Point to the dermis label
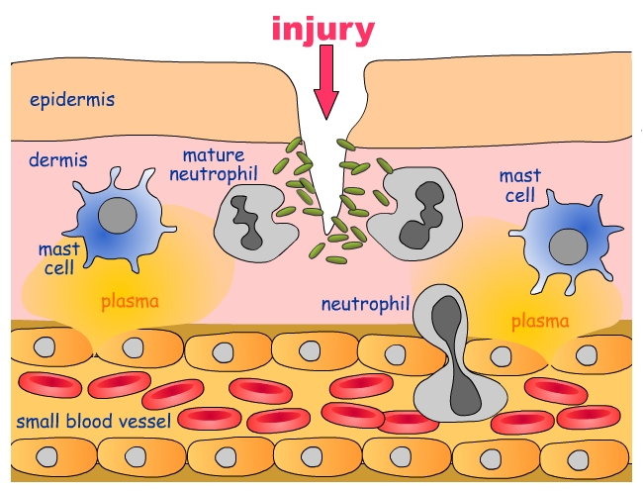pyautogui.click(x=56, y=158)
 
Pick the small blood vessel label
pyautogui.click(x=94, y=421)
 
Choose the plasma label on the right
pyautogui.click(x=540, y=321)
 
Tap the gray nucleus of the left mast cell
pyautogui.click(x=118, y=217)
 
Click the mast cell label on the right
pyautogui.click(x=519, y=186)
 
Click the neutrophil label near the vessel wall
pyautogui.click(x=365, y=303)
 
